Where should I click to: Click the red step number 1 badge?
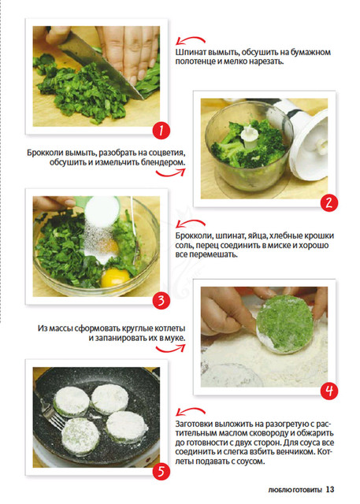(x=161, y=131)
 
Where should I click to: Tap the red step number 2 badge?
(x=329, y=203)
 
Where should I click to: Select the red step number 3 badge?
(x=161, y=301)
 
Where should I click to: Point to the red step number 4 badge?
(x=329, y=391)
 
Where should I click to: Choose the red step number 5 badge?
(x=161, y=472)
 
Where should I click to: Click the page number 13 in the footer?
(x=330, y=489)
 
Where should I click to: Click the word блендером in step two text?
(x=163, y=162)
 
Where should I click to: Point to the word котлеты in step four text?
(x=169, y=329)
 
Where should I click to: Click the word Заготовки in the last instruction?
(x=194, y=424)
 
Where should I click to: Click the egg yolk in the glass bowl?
(x=115, y=277)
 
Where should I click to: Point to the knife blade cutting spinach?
(x=102, y=66)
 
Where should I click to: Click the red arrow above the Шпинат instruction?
(x=191, y=40)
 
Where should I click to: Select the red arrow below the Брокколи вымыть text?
(x=171, y=172)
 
